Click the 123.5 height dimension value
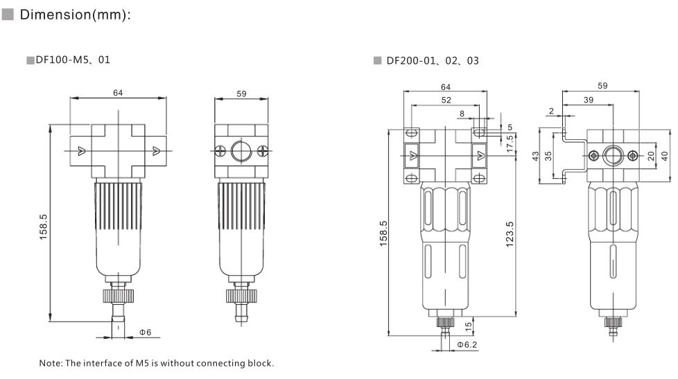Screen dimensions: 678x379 [510, 234]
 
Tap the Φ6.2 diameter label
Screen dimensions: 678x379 [467, 344]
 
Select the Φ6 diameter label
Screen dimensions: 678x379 [146, 333]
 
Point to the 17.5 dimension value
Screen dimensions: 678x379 [510, 143]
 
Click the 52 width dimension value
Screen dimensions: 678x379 [446, 100]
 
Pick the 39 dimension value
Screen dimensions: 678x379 [589, 100]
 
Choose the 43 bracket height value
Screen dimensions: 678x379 [536, 156]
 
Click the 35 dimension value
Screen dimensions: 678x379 [548, 156]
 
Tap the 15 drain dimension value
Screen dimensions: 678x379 [468, 327]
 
